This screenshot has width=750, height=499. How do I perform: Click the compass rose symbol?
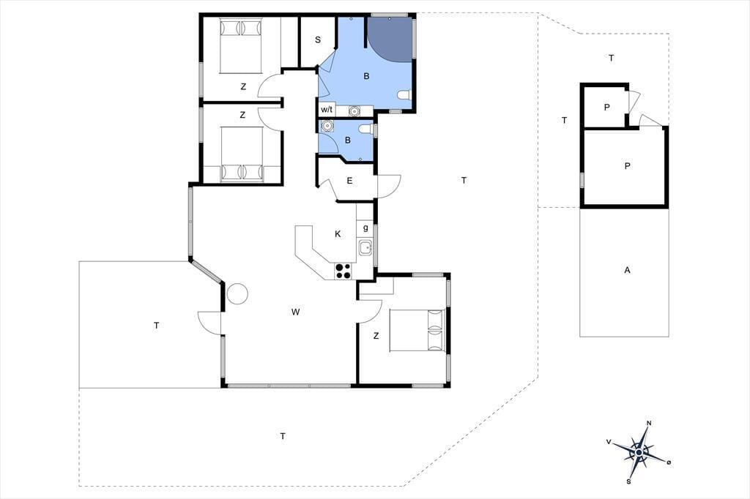point(639,451)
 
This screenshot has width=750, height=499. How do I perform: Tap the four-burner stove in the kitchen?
point(343,271)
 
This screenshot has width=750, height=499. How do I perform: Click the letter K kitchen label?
point(338,233)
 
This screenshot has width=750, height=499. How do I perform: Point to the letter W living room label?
point(296,312)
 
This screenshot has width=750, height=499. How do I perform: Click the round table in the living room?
point(238,293)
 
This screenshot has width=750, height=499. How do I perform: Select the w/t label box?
point(327,110)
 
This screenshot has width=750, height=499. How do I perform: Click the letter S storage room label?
point(318,40)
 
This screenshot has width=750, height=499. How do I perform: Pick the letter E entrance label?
point(349,181)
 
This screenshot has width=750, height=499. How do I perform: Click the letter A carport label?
point(627,270)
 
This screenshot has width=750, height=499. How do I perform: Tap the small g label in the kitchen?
point(365,228)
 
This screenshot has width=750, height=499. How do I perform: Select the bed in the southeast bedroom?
point(417,330)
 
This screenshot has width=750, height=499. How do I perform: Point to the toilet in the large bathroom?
point(404,95)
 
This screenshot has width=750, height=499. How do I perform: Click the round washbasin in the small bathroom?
point(327,126)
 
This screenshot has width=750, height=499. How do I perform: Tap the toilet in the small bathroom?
point(366,129)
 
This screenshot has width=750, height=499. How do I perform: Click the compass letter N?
point(649,423)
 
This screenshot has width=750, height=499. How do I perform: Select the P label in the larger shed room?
point(627,166)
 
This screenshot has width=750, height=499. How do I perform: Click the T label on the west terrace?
point(157,326)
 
